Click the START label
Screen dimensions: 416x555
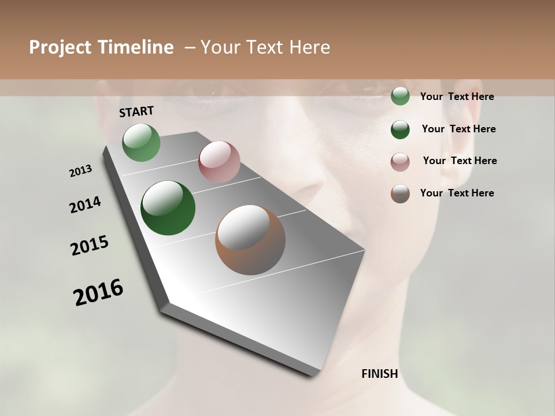pyautogui.click(x=136, y=112)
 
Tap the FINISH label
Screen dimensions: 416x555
pyautogui.click(x=379, y=374)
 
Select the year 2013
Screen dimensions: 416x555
pyautogui.click(x=80, y=171)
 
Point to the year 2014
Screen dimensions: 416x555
pyautogui.click(x=85, y=205)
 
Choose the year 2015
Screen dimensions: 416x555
pyautogui.click(x=90, y=246)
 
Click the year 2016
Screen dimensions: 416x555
pyautogui.click(x=98, y=292)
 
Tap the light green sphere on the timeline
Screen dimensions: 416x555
pyautogui.click(x=142, y=143)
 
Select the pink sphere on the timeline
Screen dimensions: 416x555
pyautogui.click(x=219, y=162)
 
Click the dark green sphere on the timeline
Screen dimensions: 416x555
pyautogui.click(x=168, y=208)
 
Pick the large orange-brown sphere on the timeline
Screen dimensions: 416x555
pyautogui.click(x=250, y=240)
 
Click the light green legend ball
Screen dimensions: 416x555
pyautogui.click(x=400, y=96)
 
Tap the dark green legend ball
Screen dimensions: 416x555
pyautogui.click(x=400, y=129)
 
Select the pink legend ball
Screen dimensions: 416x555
pyautogui.click(x=400, y=162)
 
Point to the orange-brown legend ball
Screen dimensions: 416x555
pyautogui.click(x=400, y=194)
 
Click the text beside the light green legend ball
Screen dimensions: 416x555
pyautogui.click(x=457, y=96)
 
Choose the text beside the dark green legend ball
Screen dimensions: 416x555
pyautogui.click(x=458, y=129)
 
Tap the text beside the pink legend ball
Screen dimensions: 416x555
pyautogui.click(x=460, y=161)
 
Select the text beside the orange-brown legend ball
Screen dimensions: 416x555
pyautogui.click(x=457, y=193)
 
